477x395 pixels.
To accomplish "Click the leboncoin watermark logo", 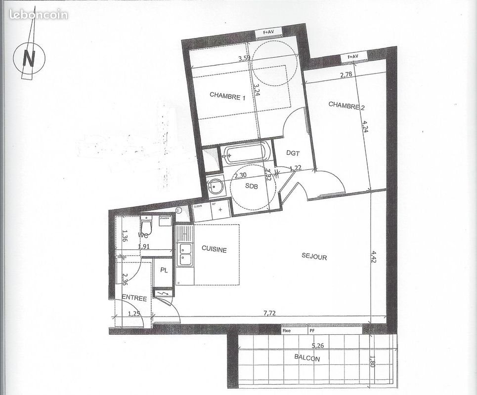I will (38, 14).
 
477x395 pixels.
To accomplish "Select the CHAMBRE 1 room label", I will (227, 96).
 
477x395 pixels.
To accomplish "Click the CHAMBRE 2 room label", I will (347, 105).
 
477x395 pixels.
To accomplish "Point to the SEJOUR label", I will (314, 257).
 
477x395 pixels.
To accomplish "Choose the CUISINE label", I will (214, 250).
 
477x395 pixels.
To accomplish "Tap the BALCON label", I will (307, 359).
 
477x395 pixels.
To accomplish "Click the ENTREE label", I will (134, 298).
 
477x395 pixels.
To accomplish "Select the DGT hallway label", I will (293, 154).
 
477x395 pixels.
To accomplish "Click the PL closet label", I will (163, 271).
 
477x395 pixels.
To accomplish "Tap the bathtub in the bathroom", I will (246, 153).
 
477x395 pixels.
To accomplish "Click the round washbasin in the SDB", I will (216, 186).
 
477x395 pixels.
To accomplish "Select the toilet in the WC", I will (146, 226).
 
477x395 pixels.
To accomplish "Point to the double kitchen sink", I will (185, 252).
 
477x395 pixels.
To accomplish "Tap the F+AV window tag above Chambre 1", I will (268, 33).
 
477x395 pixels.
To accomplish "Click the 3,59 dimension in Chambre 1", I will (244, 59).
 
